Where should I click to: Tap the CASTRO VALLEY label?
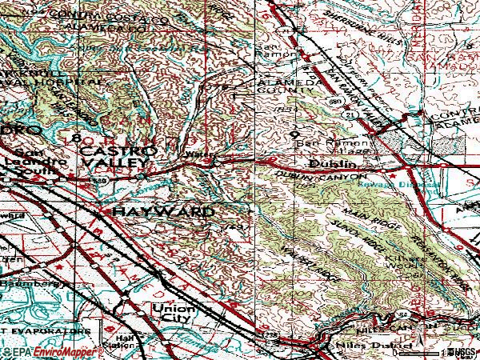click(114, 157)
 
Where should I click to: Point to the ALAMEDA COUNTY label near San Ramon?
click(276, 89)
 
